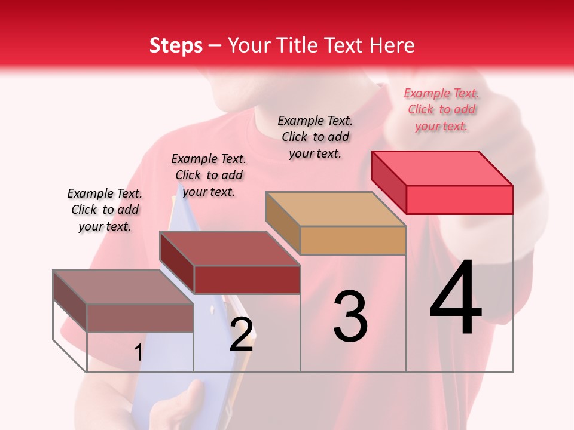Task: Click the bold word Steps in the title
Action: pos(176,45)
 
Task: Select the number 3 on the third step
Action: pos(350,317)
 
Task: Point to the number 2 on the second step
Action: pos(241,334)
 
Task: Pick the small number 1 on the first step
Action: pos(138,352)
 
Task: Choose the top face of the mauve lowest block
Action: pos(123,287)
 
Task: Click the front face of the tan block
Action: pos(353,241)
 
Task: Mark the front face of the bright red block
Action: pos(459,199)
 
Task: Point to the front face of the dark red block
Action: pos(246,279)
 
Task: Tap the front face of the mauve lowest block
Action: pos(140,318)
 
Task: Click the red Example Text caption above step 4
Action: pos(441,109)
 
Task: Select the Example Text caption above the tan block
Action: pos(315,137)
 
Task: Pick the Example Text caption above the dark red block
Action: pos(209,175)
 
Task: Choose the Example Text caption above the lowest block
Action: pos(105,210)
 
